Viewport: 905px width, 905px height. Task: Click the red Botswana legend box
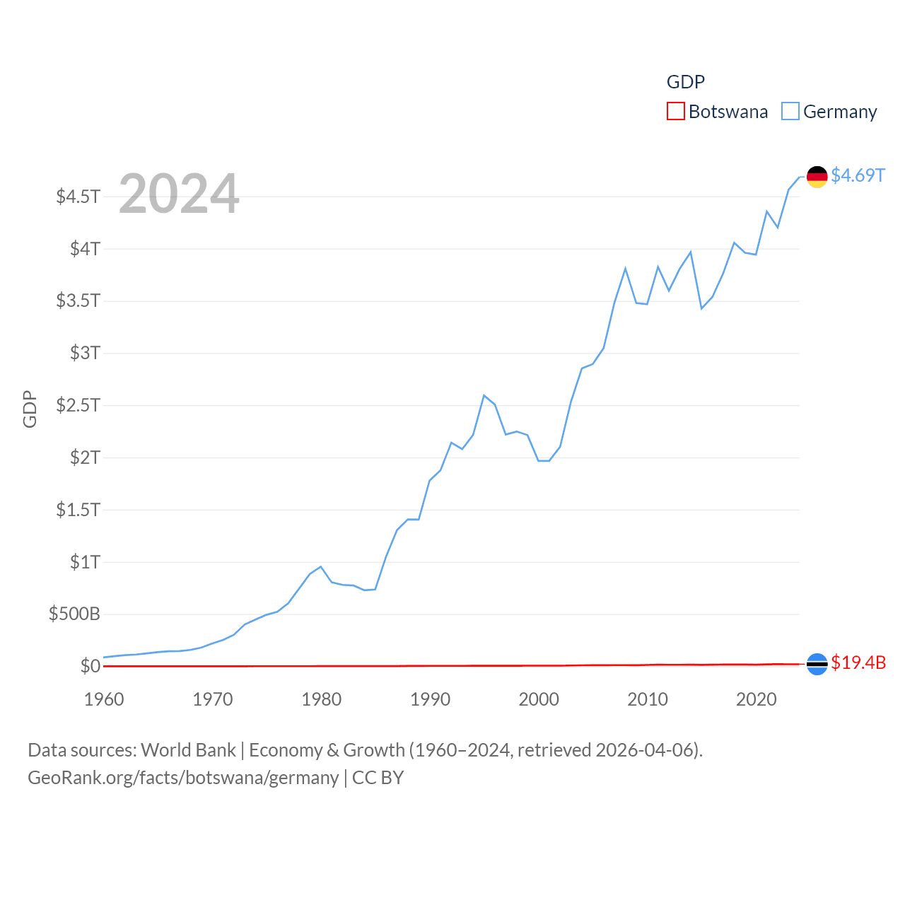(x=676, y=112)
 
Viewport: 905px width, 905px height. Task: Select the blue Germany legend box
(x=790, y=112)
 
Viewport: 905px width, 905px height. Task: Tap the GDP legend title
(x=686, y=82)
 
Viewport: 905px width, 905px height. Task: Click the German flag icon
(x=817, y=177)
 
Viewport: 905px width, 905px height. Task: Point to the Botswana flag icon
(x=817, y=664)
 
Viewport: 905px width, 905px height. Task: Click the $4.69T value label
(x=858, y=175)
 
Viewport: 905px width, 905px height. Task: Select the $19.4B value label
(x=858, y=662)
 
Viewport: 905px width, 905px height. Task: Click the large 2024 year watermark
(x=179, y=194)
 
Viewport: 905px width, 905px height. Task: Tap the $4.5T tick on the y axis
(x=78, y=196)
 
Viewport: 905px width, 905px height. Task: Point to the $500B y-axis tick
(x=74, y=614)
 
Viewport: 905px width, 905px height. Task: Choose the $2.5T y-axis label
(x=78, y=405)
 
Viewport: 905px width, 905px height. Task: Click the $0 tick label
(x=90, y=666)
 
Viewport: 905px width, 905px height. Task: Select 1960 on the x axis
(x=104, y=699)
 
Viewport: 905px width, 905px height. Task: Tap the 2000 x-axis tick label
(x=539, y=699)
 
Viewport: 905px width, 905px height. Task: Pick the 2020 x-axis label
(x=757, y=699)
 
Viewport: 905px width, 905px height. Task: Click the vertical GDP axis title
(x=30, y=409)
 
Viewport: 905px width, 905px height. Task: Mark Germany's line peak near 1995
(x=484, y=395)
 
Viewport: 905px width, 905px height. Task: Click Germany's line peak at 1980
(x=321, y=566)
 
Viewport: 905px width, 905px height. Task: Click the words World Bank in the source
(x=189, y=749)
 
